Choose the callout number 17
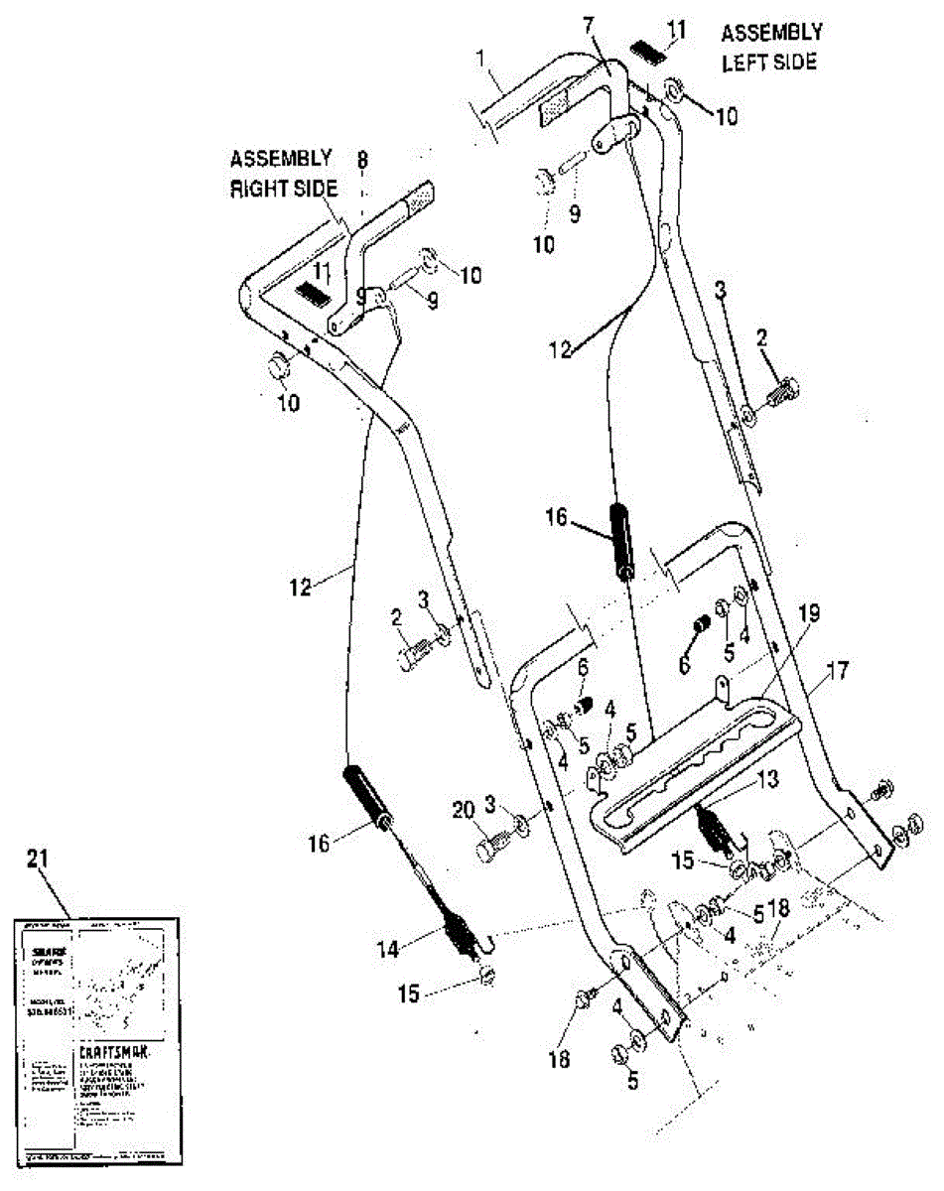pos(838,671)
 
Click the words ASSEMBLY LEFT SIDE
pos(769,47)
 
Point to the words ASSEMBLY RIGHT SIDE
pos(282,173)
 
